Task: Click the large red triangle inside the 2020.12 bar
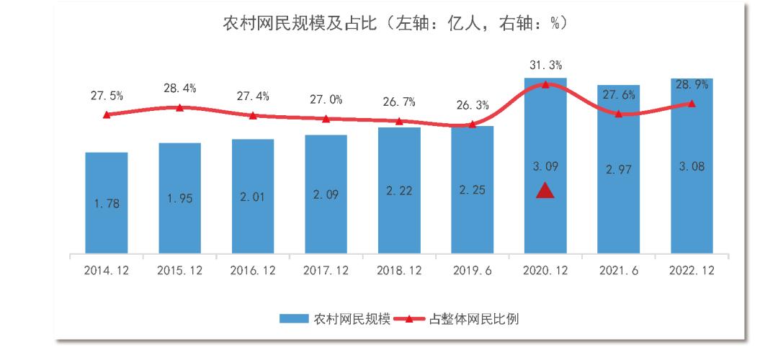pyautogui.click(x=545, y=191)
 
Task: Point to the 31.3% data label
pyautogui.click(x=545, y=66)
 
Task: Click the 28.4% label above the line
pyautogui.click(x=180, y=89)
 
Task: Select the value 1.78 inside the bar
pyautogui.click(x=107, y=204)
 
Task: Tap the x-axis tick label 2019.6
pyautogui.click(x=472, y=271)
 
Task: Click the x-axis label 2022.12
pyautogui.click(x=692, y=271)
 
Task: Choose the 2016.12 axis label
pyautogui.click(x=252, y=271)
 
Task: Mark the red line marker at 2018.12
pyautogui.click(x=399, y=121)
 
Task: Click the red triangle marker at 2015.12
pyautogui.click(x=180, y=107)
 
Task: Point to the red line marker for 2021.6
pyautogui.click(x=618, y=114)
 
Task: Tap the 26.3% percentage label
pyautogui.click(x=472, y=106)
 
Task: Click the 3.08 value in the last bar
pyautogui.click(x=692, y=166)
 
